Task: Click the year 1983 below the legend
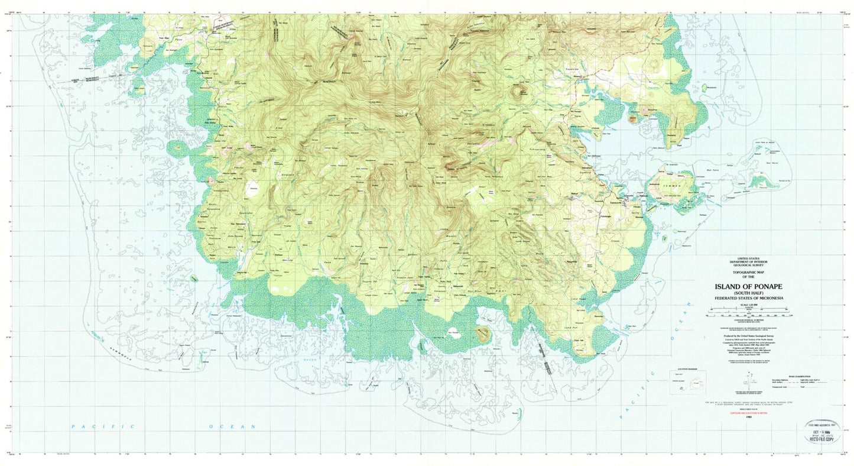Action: tap(749, 418)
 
